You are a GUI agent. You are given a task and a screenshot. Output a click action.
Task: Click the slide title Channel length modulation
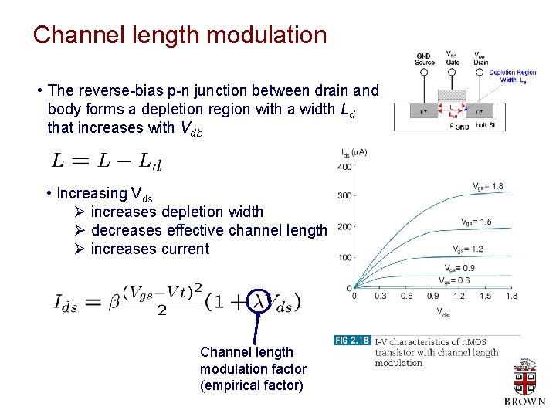tap(180, 36)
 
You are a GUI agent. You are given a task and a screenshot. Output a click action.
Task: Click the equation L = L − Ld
tap(107, 161)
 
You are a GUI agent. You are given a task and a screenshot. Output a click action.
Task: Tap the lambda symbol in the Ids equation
tap(263, 302)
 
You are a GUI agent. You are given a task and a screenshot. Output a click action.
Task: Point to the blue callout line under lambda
tap(254, 327)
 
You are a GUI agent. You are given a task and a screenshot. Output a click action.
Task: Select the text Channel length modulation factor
tap(253, 369)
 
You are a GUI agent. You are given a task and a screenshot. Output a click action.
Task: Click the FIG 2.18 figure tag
tap(351, 340)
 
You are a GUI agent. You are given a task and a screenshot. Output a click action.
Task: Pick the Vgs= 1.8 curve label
tap(488, 186)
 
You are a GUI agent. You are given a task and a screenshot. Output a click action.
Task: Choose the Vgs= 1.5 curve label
tap(476, 222)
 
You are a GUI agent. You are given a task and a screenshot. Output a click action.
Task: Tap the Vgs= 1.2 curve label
tap(469, 249)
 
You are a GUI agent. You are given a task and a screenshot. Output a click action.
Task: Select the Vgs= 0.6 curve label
tap(454, 280)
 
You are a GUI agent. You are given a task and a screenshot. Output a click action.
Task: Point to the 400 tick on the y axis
tap(344, 167)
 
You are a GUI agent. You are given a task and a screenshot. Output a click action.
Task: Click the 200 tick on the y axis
tap(344, 227)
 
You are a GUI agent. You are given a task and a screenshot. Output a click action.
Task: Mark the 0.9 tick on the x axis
tap(434, 297)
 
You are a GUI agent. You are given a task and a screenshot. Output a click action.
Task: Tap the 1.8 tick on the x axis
tap(511, 297)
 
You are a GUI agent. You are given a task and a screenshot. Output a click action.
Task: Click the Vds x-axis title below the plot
tap(442, 313)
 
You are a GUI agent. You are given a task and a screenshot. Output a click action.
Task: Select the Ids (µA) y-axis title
tap(354, 152)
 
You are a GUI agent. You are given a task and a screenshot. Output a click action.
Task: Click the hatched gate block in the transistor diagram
tap(452, 93)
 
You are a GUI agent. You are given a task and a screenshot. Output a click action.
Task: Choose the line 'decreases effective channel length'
tap(208, 230)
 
